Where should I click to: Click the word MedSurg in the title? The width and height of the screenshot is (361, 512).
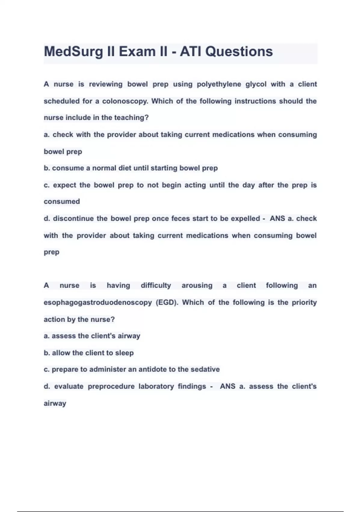point(73,52)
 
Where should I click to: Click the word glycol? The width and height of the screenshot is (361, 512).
point(256,84)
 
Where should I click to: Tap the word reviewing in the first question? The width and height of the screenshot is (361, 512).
point(105,84)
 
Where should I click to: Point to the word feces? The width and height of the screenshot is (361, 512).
point(180,218)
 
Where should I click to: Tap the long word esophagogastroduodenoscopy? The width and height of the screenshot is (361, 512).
point(97,302)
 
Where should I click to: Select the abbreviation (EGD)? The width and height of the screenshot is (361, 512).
point(167,302)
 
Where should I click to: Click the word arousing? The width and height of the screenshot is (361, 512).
point(197,286)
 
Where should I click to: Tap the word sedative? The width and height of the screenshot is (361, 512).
point(205,369)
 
